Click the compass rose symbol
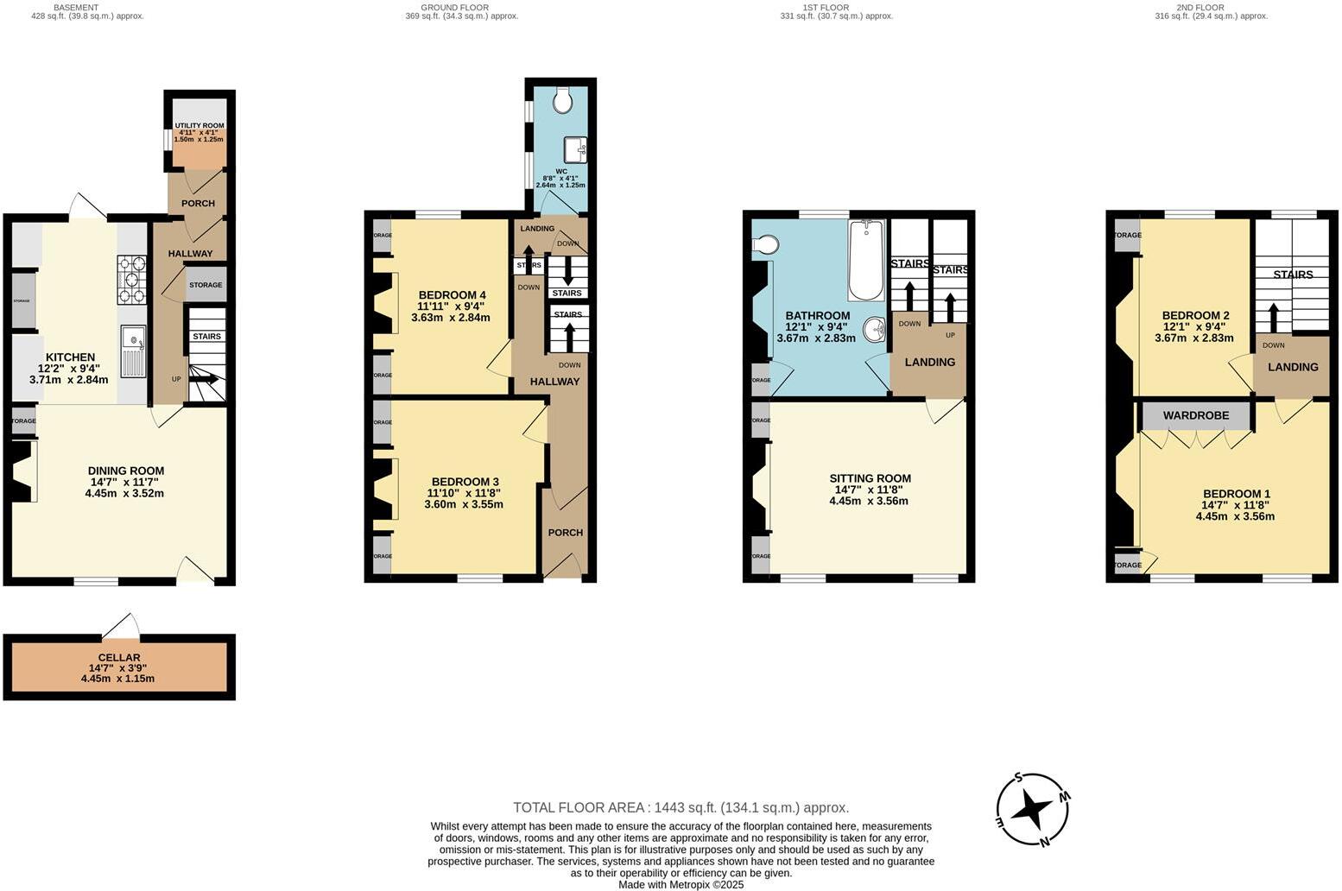pos(1033,809)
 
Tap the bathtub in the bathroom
pos(866,260)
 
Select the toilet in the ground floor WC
pos(563,101)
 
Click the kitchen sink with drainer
pos(133,351)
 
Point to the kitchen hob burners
pos(130,280)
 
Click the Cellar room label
pos(119,658)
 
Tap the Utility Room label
pos(199,126)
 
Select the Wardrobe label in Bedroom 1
pos(1195,415)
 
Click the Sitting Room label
pos(870,478)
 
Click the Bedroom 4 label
pos(452,295)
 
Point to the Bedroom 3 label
pos(465,482)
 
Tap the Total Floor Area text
pos(680,808)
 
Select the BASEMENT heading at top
pos(75,7)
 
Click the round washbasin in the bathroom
pos(876,329)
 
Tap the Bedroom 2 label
pos(1195,315)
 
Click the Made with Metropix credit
pos(680,884)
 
